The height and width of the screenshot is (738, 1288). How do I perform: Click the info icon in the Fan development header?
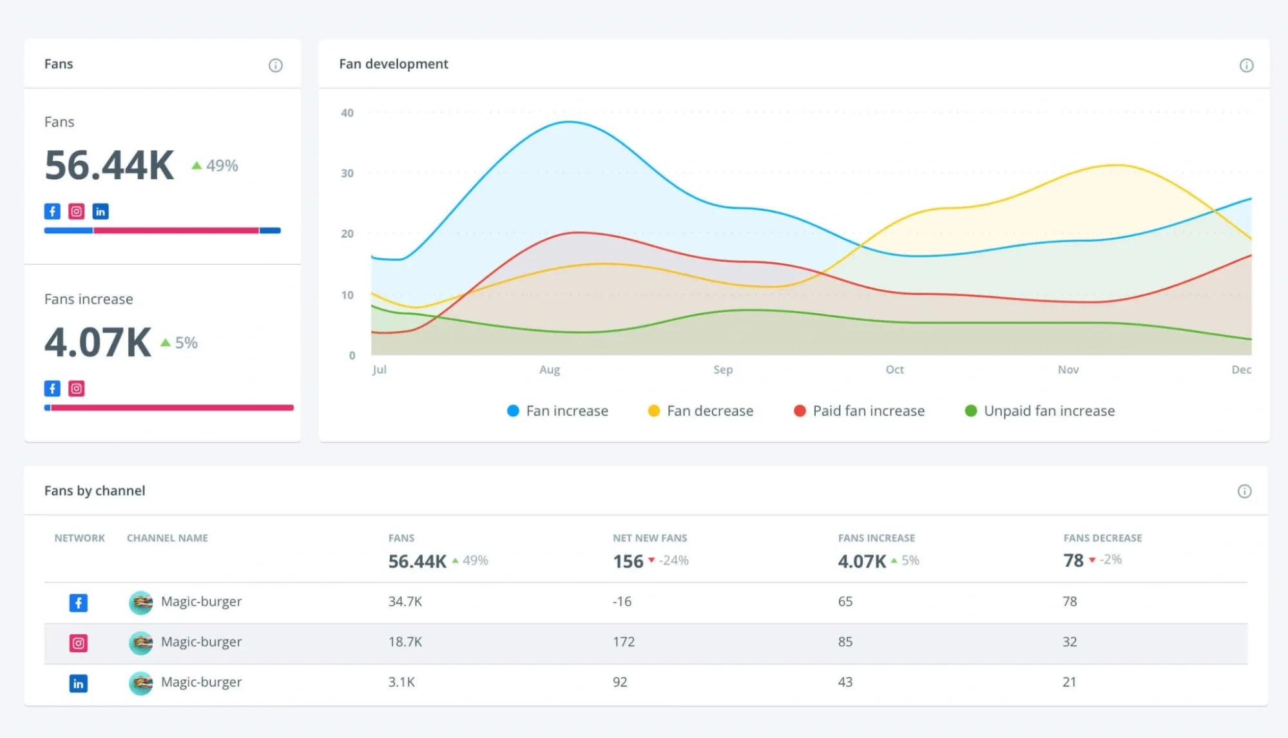pos(1246,65)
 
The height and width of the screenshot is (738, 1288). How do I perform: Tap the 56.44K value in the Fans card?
pos(109,165)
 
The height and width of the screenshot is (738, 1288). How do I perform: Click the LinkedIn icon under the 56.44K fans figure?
pos(101,211)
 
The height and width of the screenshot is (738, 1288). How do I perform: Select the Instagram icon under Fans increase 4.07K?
pos(77,389)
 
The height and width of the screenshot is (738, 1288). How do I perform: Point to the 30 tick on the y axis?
pos(347,173)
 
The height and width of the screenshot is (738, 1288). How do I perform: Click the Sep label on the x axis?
pos(723,369)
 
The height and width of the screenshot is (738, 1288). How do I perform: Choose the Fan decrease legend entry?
pos(700,411)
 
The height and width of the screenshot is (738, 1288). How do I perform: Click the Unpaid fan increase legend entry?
pos(1039,411)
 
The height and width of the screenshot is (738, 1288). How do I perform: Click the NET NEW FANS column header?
pos(649,538)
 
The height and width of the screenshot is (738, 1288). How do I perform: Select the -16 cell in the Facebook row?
pos(622,601)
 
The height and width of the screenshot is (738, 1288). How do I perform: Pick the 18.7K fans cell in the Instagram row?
pos(405,642)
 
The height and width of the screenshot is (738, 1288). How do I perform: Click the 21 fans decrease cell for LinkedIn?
pos(1069,682)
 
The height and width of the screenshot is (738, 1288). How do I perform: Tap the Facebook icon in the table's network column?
pos(79,603)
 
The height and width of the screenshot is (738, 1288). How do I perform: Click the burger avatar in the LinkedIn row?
pos(140,683)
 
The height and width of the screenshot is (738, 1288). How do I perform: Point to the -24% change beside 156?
pos(673,561)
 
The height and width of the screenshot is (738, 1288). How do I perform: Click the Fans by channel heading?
pos(95,490)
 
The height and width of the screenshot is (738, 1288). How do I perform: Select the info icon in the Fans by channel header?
pos(1244,492)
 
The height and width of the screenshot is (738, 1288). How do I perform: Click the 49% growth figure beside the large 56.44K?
pos(222,166)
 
